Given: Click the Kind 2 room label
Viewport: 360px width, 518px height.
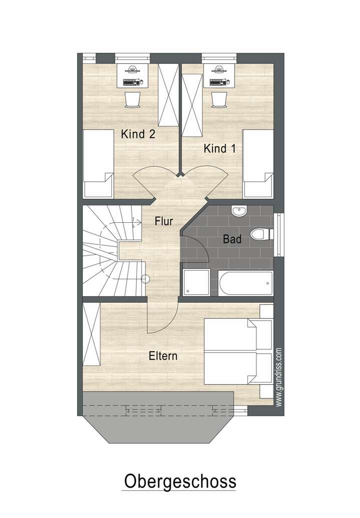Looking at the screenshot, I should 138,134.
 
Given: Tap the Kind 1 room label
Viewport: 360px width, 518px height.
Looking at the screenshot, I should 219,148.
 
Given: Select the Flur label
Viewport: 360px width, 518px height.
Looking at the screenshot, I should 164,220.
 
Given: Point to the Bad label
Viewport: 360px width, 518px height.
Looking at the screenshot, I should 232,239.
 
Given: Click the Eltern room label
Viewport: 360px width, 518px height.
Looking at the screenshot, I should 163,356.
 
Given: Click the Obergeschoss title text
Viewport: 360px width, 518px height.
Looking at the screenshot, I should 179,482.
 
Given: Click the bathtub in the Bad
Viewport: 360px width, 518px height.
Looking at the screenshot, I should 245,283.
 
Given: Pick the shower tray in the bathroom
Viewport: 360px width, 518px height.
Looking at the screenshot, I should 195,282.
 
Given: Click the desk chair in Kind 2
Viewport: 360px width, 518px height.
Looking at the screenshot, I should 131,98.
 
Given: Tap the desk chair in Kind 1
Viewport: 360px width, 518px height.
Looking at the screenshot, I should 218,98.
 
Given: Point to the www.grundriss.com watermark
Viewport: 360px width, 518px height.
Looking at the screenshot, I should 279,377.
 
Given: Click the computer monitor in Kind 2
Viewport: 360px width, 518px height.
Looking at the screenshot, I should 131,70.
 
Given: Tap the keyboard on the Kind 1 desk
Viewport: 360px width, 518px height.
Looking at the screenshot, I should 218,81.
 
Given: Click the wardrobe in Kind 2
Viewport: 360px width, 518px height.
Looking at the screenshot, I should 167,95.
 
